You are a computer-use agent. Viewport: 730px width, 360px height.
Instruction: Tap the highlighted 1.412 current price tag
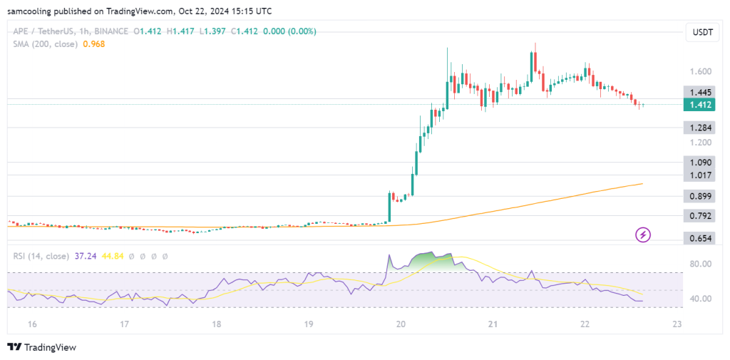coord(699,105)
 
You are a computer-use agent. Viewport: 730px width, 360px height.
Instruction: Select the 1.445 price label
coord(699,93)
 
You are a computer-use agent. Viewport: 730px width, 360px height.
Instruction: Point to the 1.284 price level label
coord(699,128)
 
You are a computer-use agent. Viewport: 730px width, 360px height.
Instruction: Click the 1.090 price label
coord(699,162)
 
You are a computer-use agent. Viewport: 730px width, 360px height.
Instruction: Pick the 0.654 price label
coord(699,238)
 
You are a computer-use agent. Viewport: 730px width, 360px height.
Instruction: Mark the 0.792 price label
coord(699,216)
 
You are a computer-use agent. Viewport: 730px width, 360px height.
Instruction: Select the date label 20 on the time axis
coord(401,324)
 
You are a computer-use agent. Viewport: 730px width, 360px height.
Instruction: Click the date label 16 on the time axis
coord(31,324)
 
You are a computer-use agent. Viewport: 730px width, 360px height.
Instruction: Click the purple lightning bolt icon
coord(644,234)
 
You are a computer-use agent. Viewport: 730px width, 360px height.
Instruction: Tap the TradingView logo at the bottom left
coord(42,347)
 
